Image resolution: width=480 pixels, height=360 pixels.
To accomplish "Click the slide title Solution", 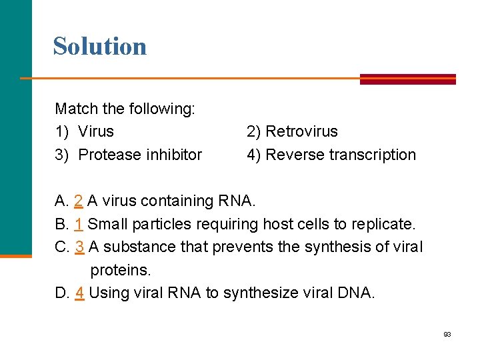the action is pyautogui.click(x=100, y=47).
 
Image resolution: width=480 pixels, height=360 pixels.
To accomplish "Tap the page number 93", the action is pyautogui.click(x=447, y=334).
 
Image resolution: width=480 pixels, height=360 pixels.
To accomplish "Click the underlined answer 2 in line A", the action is pyautogui.click(x=79, y=201).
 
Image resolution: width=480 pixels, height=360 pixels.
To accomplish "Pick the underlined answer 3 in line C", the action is pyautogui.click(x=79, y=247).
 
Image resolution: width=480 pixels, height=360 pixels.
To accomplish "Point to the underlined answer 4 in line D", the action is pyautogui.click(x=79, y=293).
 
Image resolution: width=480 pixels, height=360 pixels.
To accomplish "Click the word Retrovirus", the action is pyautogui.click(x=301, y=131).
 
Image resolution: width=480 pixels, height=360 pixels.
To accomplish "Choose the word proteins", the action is pyautogui.click(x=121, y=270).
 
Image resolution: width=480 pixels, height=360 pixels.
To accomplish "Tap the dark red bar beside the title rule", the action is pyautogui.click(x=407, y=79).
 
